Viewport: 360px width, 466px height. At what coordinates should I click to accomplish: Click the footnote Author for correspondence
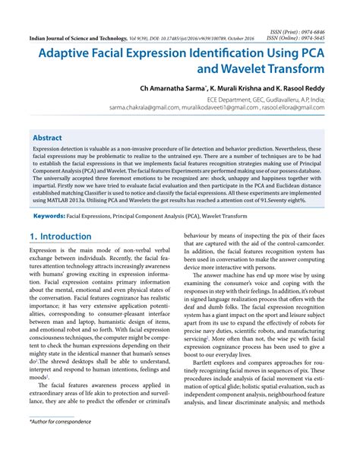60,441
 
